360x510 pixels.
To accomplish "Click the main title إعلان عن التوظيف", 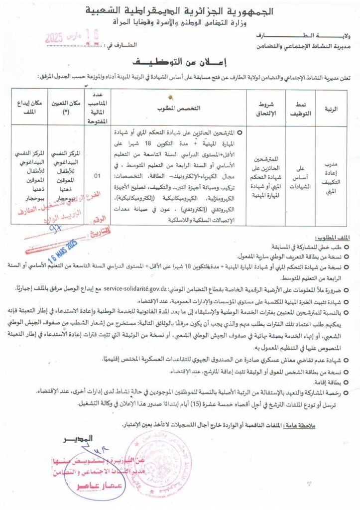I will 180,63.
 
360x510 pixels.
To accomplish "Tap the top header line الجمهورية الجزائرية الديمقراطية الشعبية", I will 180,10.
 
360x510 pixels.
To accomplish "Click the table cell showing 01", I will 97,175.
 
